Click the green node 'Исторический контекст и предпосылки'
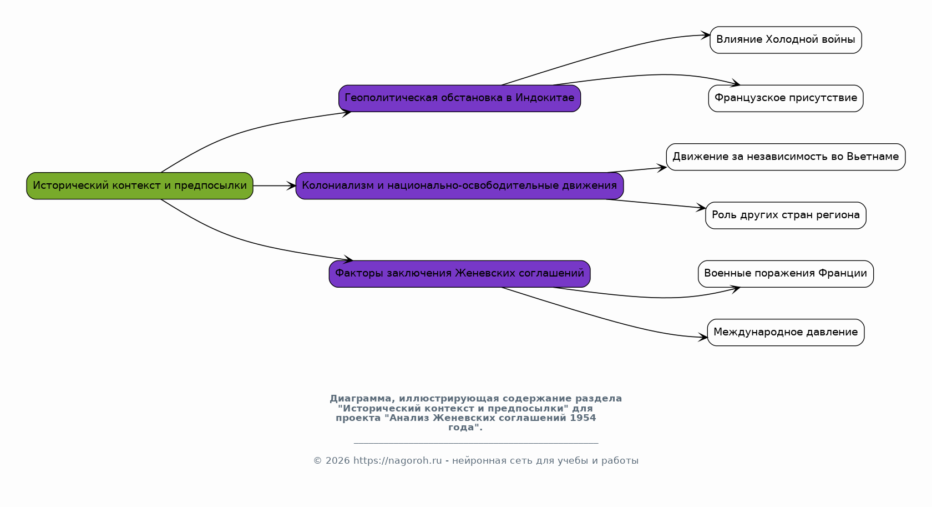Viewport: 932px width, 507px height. click(x=140, y=186)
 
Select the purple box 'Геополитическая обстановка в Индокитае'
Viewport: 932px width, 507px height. click(x=459, y=98)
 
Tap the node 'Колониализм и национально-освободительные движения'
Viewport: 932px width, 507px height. click(x=459, y=186)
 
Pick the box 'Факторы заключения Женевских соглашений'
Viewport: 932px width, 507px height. click(x=459, y=274)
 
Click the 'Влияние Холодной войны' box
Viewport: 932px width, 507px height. click(x=786, y=40)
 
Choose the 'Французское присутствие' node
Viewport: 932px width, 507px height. click(x=786, y=98)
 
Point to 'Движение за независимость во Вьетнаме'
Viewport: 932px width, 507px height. click(x=786, y=157)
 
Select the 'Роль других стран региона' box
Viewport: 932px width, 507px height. click(x=786, y=215)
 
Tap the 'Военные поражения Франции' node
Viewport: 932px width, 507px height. click(x=786, y=274)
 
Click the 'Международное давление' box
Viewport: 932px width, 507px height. click(x=786, y=333)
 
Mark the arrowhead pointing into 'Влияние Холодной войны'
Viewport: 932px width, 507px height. click(x=705, y=36)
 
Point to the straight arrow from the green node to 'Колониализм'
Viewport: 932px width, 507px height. click(x=275, y=186)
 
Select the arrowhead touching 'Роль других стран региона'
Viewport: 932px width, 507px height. click(x=701, y=208)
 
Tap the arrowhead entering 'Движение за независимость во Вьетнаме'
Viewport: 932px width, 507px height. click(x=661, y=168)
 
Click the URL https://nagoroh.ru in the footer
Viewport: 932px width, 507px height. click(x=397, y=461)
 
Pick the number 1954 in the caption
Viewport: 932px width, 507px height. click(x=582, y=418)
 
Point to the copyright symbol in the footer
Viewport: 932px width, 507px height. click(x=317, y=461)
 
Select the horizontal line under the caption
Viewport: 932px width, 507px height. click(x=476, y=443)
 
